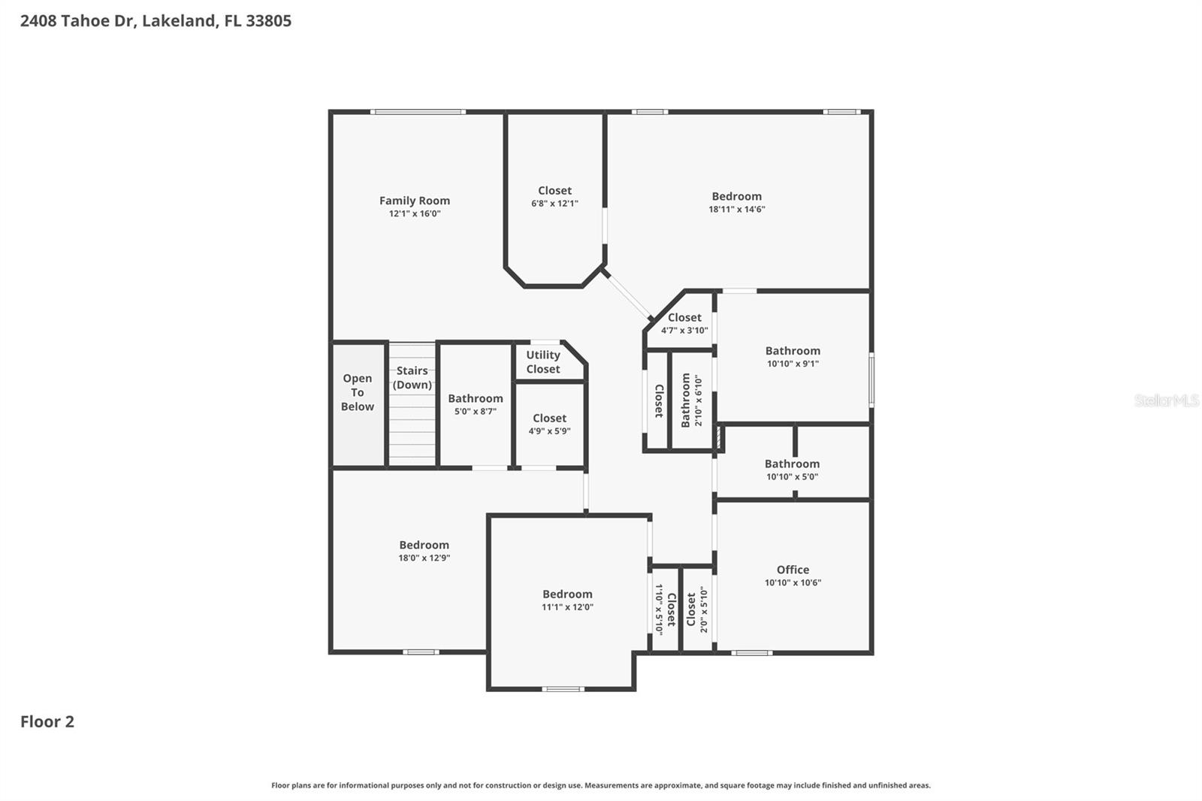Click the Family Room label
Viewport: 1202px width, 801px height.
pos(414,201)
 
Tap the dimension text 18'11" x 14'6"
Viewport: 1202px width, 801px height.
pos(736,210)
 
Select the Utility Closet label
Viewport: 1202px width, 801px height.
pos(542,362)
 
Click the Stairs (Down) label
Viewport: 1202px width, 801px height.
pos(412,377)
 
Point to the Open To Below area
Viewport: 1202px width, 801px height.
pos(358,392)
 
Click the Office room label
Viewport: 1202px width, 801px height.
pos(793,570)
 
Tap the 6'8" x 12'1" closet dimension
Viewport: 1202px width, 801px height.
pos(554,204)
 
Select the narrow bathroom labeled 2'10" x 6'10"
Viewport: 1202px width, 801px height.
pos(690,400)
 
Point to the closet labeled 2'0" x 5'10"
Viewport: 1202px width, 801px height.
pos(696,609)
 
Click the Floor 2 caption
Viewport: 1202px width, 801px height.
pos(47,721)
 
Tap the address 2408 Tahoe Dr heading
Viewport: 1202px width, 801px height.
pos(156,21)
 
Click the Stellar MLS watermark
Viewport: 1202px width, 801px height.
pos(1166,400)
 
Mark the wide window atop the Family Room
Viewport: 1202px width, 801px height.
pos(418,112)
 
